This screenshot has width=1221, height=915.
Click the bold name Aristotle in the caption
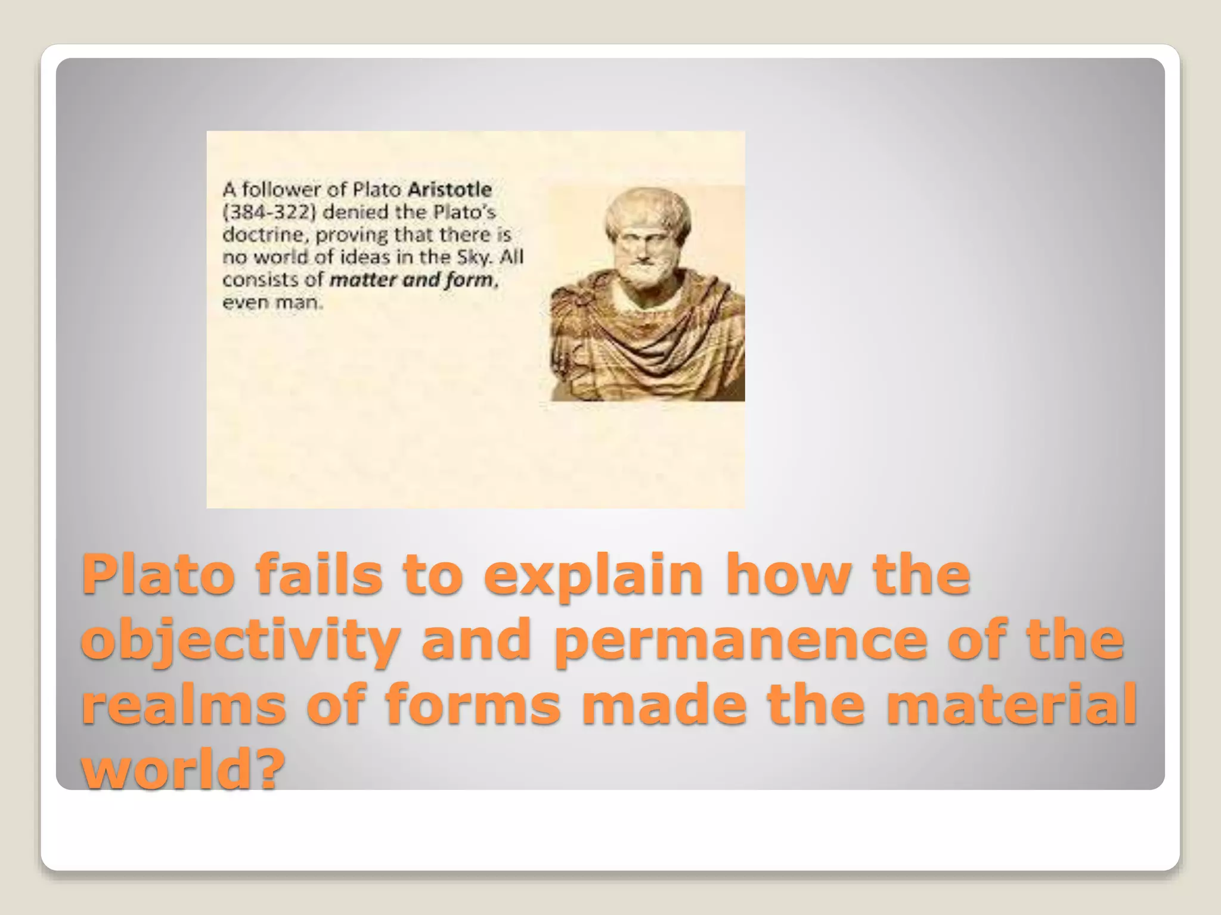450,190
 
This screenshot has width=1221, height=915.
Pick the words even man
272,303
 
